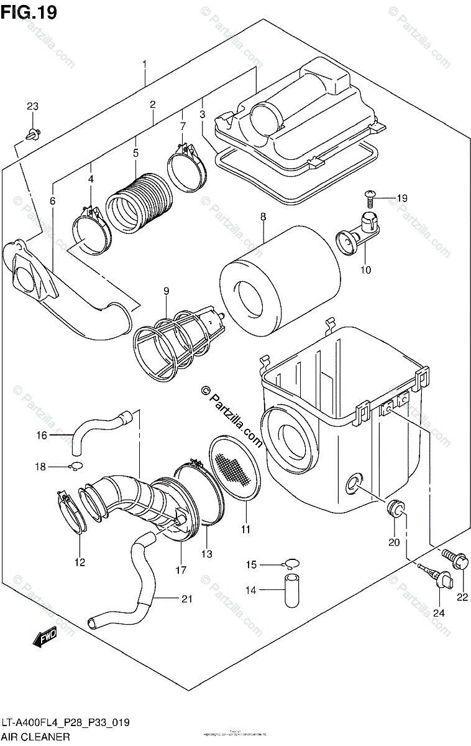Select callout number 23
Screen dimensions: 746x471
(x=32, y=106)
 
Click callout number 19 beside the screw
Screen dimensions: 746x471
(x=401, y=198)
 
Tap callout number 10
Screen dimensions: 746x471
(x=365, y=270)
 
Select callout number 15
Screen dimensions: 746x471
(x=251, y=564)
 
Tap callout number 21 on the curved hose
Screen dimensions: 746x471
(x=186, y=599)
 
